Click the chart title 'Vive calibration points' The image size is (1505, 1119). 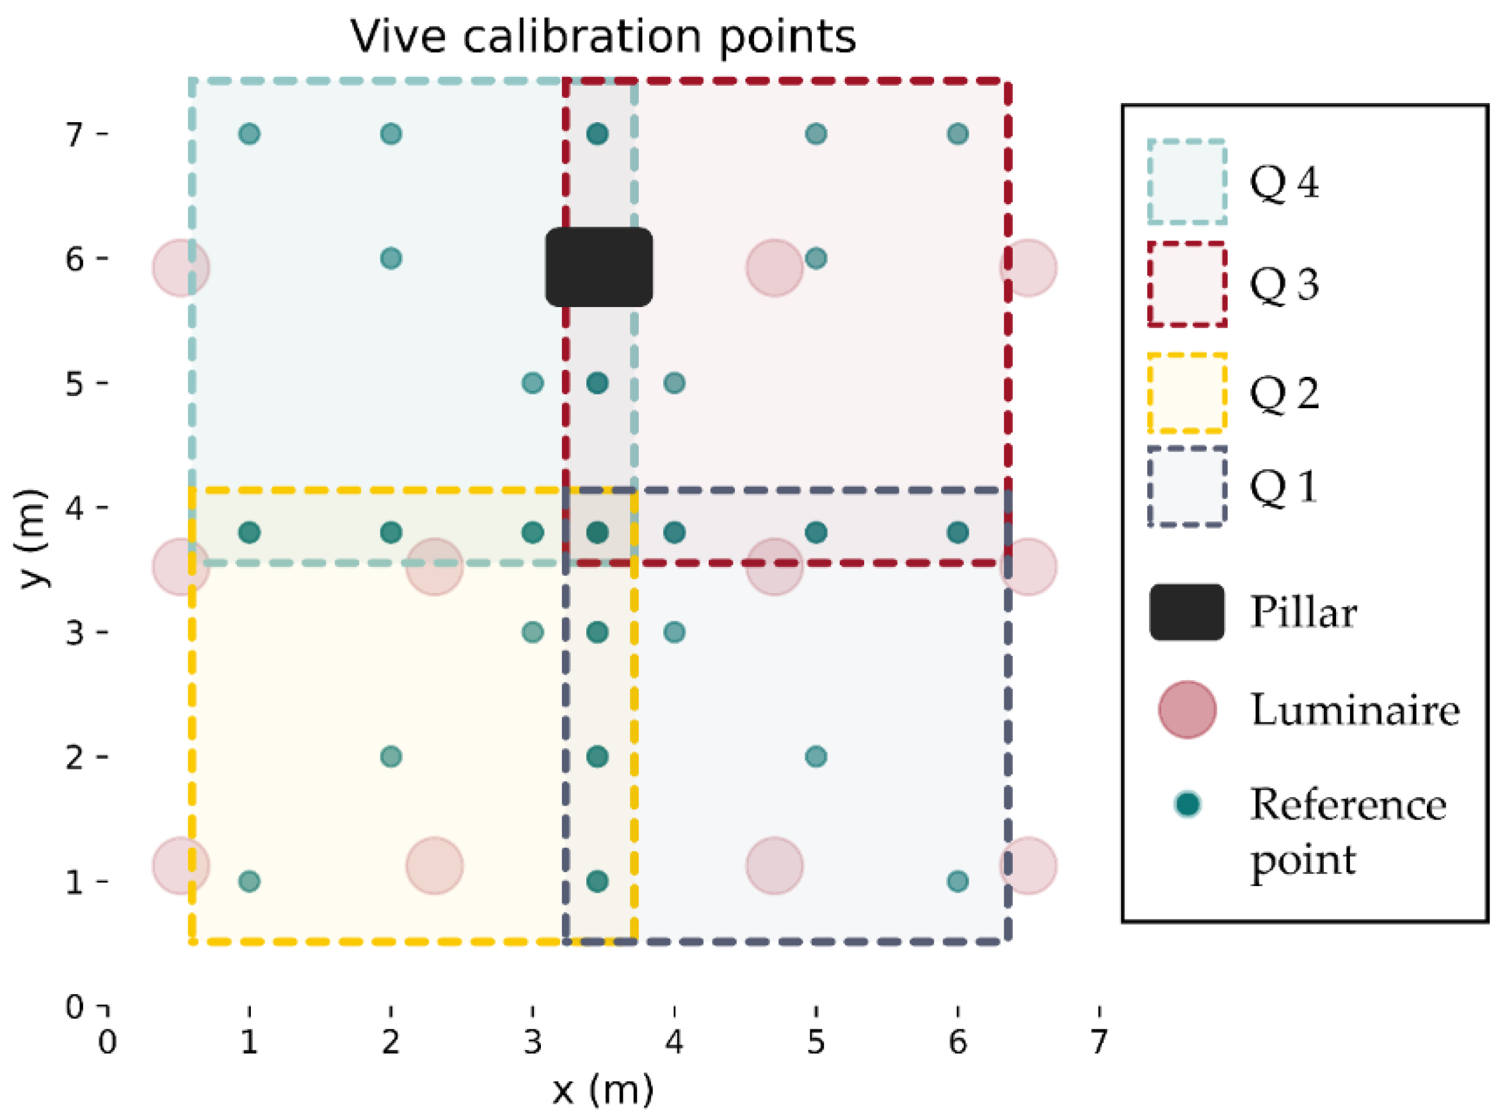coord(602,36)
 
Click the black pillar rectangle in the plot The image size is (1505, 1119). coord(599,267)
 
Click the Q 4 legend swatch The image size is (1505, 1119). coord(1186,182)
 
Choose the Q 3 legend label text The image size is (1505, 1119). coord(1284,284)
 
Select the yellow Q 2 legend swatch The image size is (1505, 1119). coord(1186,392)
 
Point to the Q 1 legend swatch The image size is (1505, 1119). coord(1186,486)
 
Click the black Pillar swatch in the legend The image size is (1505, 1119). coord(1186,612)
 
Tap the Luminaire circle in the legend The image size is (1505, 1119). coord(1186,709)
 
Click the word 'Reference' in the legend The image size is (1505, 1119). coord(1348,805)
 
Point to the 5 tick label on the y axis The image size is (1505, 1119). coord(74,383)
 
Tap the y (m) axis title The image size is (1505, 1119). coord(33,539)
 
